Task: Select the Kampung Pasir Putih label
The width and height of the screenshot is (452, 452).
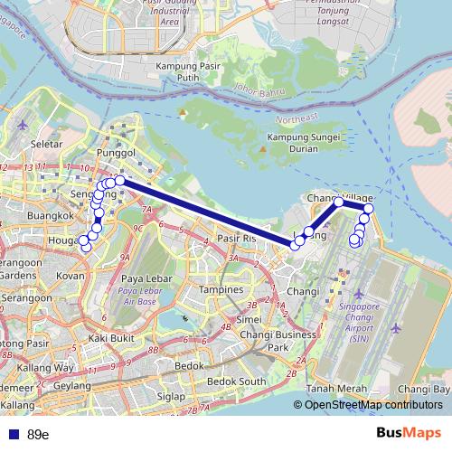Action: tap(189, 72)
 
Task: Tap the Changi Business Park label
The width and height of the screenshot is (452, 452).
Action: tap(272, 341)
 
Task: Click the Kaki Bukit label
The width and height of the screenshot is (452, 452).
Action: tap(110, 337)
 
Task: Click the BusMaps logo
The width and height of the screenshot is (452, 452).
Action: tap(408, 434)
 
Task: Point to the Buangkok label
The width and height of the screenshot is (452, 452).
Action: tap(49, 217)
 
